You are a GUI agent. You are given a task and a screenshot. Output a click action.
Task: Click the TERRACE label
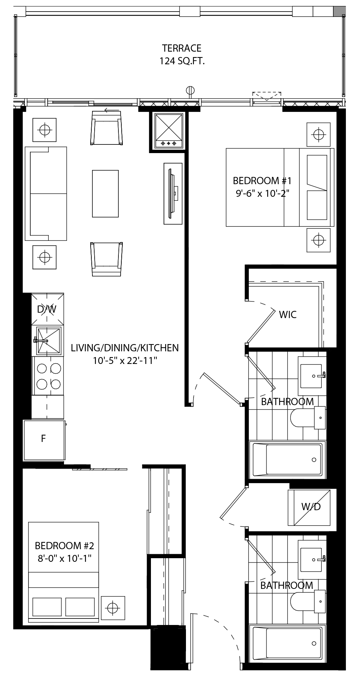click(x=182, y=48)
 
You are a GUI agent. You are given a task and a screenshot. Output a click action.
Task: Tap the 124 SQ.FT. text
click(x=182, y=61)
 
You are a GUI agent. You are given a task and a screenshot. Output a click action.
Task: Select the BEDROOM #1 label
click(x=262, y=181)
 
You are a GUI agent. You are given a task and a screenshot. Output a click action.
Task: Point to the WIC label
click(x=288, y=314)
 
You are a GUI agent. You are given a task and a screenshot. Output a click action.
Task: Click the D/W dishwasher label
click(x=47, y=309)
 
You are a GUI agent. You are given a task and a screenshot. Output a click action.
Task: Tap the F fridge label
click(x=43, y=438)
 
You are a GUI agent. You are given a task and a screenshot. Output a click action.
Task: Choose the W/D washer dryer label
click(x=311, y=507)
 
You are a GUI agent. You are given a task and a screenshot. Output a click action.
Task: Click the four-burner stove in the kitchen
click(x=48, y=376)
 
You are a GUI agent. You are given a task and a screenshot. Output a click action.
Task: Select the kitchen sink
click(x=48, y=341)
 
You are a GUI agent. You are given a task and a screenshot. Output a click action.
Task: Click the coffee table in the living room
click(x=105, y=194)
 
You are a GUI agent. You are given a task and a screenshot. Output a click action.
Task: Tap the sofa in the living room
click(x=46, y=194)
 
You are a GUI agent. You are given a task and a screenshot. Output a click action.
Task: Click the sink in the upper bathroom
click(x=312, y=376)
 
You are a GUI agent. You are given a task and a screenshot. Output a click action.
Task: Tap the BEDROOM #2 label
click(x=65, y=545)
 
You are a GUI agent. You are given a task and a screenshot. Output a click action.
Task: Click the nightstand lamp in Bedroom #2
click(x=113, y=608)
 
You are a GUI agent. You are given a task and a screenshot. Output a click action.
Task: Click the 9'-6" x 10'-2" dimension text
click(x=263, y=194)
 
